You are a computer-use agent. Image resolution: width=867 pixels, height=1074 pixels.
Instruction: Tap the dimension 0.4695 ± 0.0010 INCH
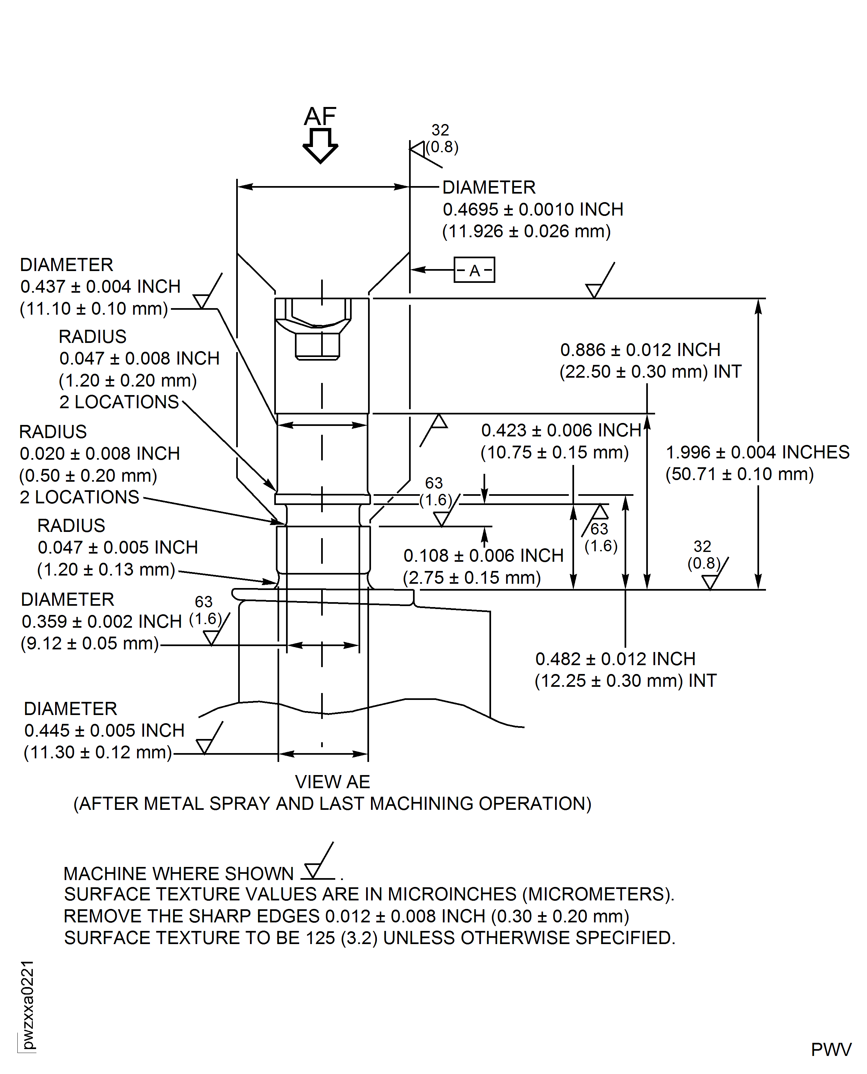(x=533, y=209)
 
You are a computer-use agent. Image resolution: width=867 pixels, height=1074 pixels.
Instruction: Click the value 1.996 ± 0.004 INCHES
(x=757, y=452)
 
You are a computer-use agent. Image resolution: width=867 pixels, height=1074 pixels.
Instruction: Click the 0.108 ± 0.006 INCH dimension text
(x=483, y=556)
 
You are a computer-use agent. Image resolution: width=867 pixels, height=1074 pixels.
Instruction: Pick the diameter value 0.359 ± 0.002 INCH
(x=101, y=621)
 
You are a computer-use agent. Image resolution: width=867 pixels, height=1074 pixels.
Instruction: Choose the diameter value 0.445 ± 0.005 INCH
(x=104, y=730)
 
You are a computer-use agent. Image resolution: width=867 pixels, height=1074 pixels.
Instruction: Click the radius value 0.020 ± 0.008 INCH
(x=99, y=453)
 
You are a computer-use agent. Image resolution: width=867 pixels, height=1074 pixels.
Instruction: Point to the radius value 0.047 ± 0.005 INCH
(x=117, y=547)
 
